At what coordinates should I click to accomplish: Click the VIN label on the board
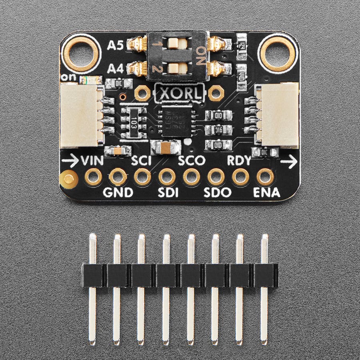coord(92,161)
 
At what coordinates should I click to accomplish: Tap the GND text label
coord(118,192)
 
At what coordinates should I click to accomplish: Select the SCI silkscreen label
coord(142,161)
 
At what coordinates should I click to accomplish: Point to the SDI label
coord(168,192)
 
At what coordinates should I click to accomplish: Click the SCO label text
coord(192,161)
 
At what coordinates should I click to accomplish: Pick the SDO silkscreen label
coord(217,192)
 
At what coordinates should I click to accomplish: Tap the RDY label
coord(239,161)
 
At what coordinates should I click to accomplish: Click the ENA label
coord(267,192)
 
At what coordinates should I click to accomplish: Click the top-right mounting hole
coord(278,52)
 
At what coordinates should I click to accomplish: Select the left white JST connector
coord(81,115)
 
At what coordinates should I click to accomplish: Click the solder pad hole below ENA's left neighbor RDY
coord(240,176)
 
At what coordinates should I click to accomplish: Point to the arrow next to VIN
coord(70,161)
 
